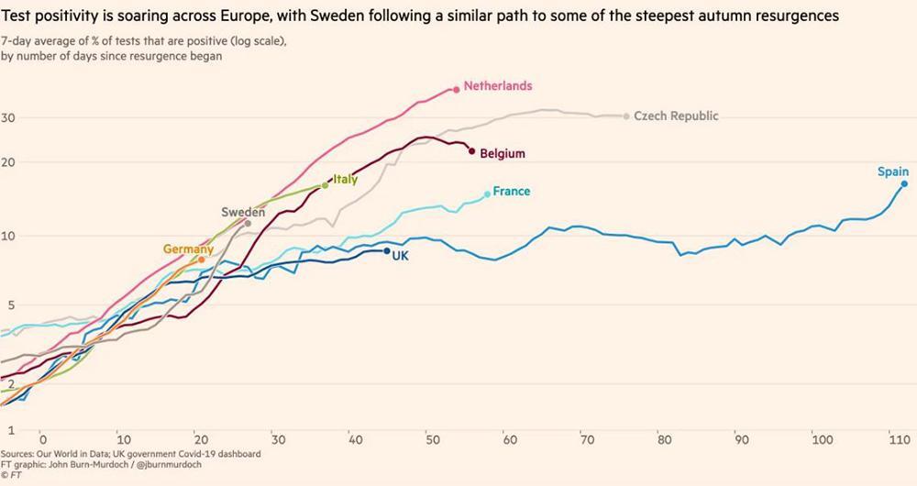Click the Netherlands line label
tap(497, 85)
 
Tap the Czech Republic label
tap(676, 116)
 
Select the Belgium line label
tap(503, 154)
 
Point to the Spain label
tap(892, 171)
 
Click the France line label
tap(511, 192)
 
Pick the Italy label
tap(345, 180)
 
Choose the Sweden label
tap(243, 212)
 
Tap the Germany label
tap(188, 249)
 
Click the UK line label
tap(400, 256)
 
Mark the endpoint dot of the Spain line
tap(903, 183)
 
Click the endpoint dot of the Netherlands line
tap(456, 89)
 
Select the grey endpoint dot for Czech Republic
tap(626, 116)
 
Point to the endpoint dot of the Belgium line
tap(471, 150)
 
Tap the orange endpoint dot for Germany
tap(202, 260)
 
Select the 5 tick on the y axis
tap(13, 304)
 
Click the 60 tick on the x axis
tap(509, 438)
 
